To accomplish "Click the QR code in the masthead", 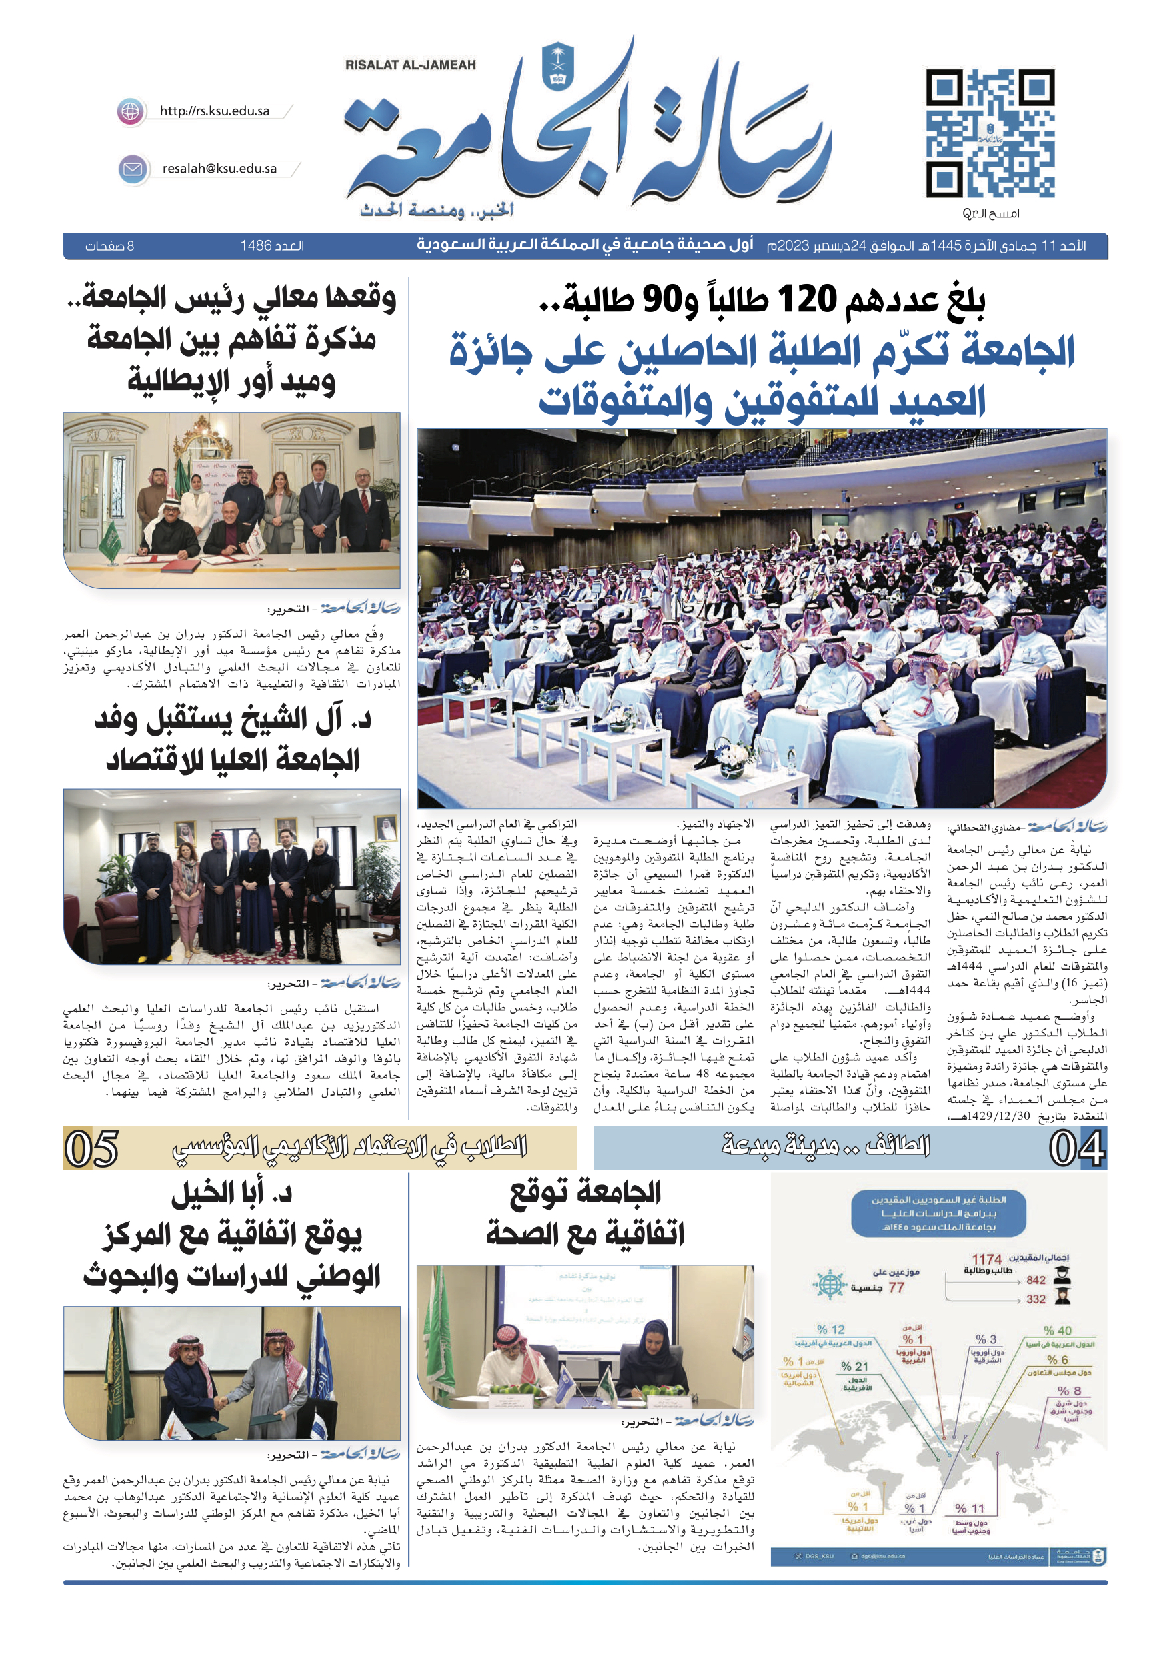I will coord(990,134).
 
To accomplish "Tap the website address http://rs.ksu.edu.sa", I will coord(215,111).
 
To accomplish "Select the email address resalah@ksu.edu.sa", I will coord(219,169).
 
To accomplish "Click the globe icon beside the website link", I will coord(130,111).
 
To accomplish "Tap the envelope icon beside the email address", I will coord(133,169).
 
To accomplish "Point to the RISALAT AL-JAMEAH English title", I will coord(411,65).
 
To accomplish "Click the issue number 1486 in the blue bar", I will coord(255,246).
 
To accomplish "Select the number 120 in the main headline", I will coord(806,299).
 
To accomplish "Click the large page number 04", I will coord(1076,1148).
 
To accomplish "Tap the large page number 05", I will coord(91,1148).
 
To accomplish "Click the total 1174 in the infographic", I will coord(986,1259).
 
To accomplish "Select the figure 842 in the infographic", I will coord(1036,1279).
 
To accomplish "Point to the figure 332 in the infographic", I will coord(1036,1299).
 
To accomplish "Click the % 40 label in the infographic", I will coord(1058,1331).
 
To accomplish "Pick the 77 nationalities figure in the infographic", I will coord(896,1287).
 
